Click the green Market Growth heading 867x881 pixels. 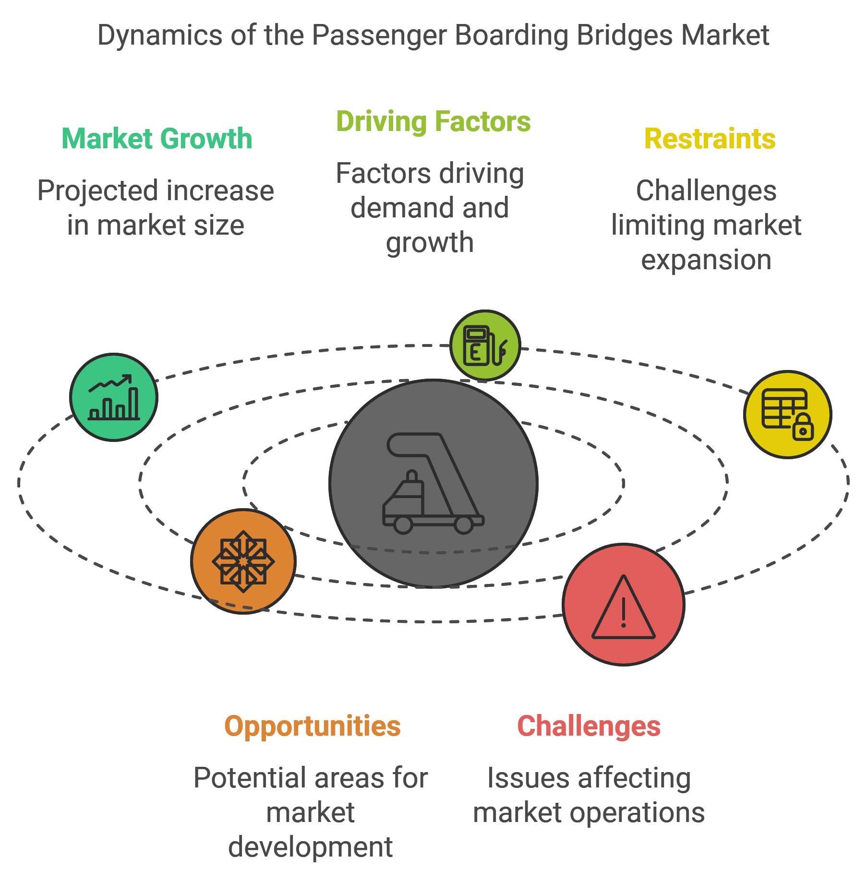[x=157, y=139]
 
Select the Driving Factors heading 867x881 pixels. [x=433, y=121]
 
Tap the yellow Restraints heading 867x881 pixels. [x=710, y=139]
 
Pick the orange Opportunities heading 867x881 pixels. [x=313, y=726]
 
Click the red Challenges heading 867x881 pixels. [x=589, y=726]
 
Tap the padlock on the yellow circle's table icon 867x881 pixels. [x=803, y=427]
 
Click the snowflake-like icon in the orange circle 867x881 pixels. [x=243, y=561]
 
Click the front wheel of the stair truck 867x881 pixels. [x=403, y=524]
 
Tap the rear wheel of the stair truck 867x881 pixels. [x=464, y=524]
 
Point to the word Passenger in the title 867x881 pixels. [x=379, y=36]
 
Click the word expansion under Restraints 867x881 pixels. [x=706, y=260]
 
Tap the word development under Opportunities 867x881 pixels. [x=311, y=847]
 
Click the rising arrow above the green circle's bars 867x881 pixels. [x=110, y=383]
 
